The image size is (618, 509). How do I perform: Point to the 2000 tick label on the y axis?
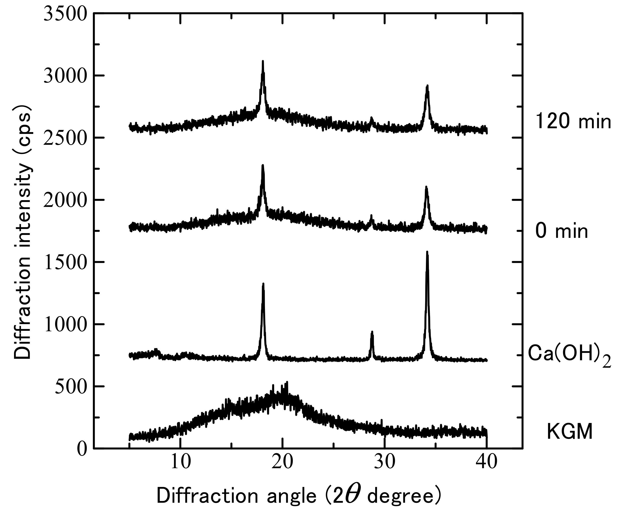[x=65, y=200]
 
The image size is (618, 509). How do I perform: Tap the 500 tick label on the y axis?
[x=71, y=387]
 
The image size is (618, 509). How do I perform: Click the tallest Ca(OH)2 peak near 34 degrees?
[x=427, y=252]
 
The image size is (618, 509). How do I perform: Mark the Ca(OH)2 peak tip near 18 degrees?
[x=263, y=284]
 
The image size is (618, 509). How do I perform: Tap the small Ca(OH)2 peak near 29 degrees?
[x=372, y=332]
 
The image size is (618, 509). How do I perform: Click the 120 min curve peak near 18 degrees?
[x=263, y=61]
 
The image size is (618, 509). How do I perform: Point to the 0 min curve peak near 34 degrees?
[x=426, y=187]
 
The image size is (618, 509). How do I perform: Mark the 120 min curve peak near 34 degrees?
[x=427, y=86]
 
